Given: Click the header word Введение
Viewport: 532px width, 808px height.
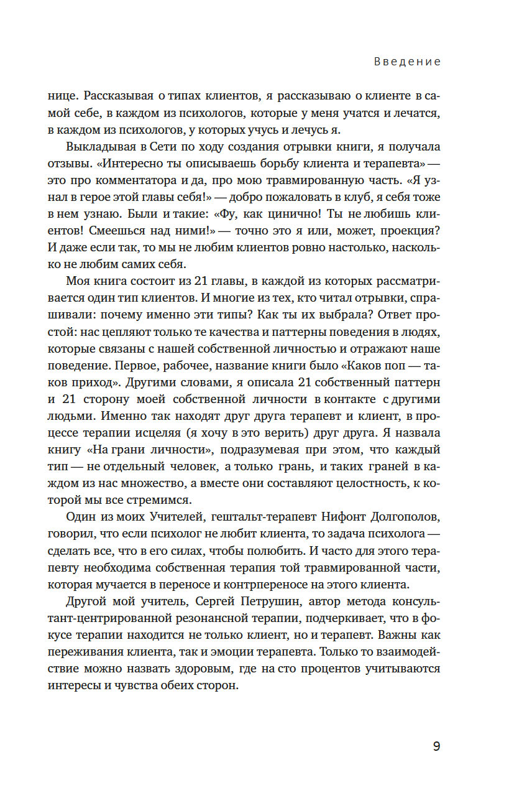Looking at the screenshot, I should (x=408, y=62).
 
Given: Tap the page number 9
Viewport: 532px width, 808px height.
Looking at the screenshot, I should (x=436, y=746).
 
